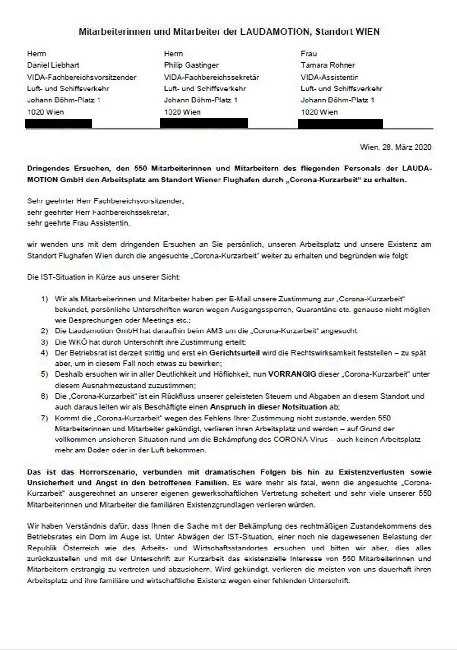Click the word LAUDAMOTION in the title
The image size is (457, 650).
coord(275,32)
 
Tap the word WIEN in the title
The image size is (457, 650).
coord(367,32)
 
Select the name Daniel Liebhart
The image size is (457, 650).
coord(53,65)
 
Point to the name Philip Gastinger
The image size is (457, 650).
coord(191,65)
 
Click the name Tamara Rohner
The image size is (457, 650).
coord(328,65)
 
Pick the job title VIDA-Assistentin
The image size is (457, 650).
coord(329,77)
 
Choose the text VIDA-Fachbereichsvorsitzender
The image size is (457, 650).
coord(81,77)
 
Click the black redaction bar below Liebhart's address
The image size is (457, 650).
coord(58,124)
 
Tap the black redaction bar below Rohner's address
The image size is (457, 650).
coord(340,124)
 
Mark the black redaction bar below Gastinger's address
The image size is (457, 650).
coord(204,123)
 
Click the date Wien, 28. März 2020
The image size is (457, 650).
coord(396,147)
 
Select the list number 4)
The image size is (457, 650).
coord(44,353)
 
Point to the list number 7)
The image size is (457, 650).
coord(44,419)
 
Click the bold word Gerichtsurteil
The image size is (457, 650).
coord(235,353)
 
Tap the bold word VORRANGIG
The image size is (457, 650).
coord(292,374)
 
